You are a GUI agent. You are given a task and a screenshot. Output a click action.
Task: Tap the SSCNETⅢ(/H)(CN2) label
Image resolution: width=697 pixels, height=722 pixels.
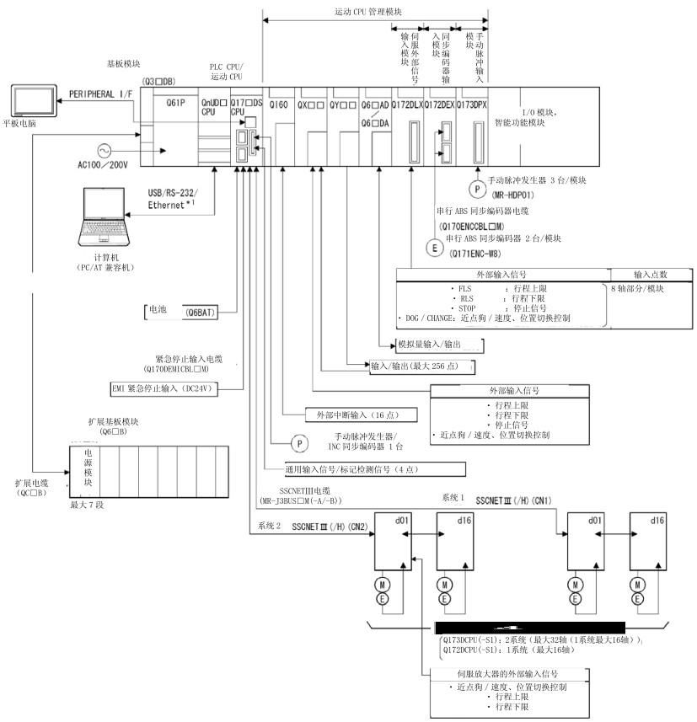pyautogui.click(x=330, y=526)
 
